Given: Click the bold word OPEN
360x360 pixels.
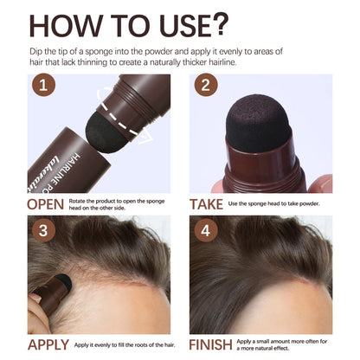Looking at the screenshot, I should pyautogui.click(x=45, y=205).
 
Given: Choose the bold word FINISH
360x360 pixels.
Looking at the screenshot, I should pyautogui.click(x=210, y=344).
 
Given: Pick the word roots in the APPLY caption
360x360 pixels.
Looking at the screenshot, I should pyautogui.click(x=134, y=345).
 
